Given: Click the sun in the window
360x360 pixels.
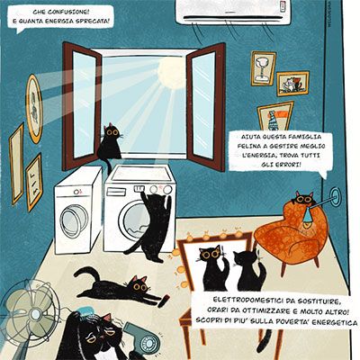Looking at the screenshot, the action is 171,73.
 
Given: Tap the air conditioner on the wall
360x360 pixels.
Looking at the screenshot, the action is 233,12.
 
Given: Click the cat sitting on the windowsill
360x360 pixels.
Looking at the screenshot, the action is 110,143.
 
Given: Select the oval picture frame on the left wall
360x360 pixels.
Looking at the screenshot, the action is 34,109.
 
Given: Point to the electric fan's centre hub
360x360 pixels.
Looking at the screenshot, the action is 36,314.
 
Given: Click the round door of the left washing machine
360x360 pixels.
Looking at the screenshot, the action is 74,220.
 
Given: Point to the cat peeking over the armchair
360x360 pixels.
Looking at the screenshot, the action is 302,199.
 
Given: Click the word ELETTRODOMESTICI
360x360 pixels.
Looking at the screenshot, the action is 247,300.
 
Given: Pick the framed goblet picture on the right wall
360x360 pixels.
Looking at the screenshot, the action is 263,68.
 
